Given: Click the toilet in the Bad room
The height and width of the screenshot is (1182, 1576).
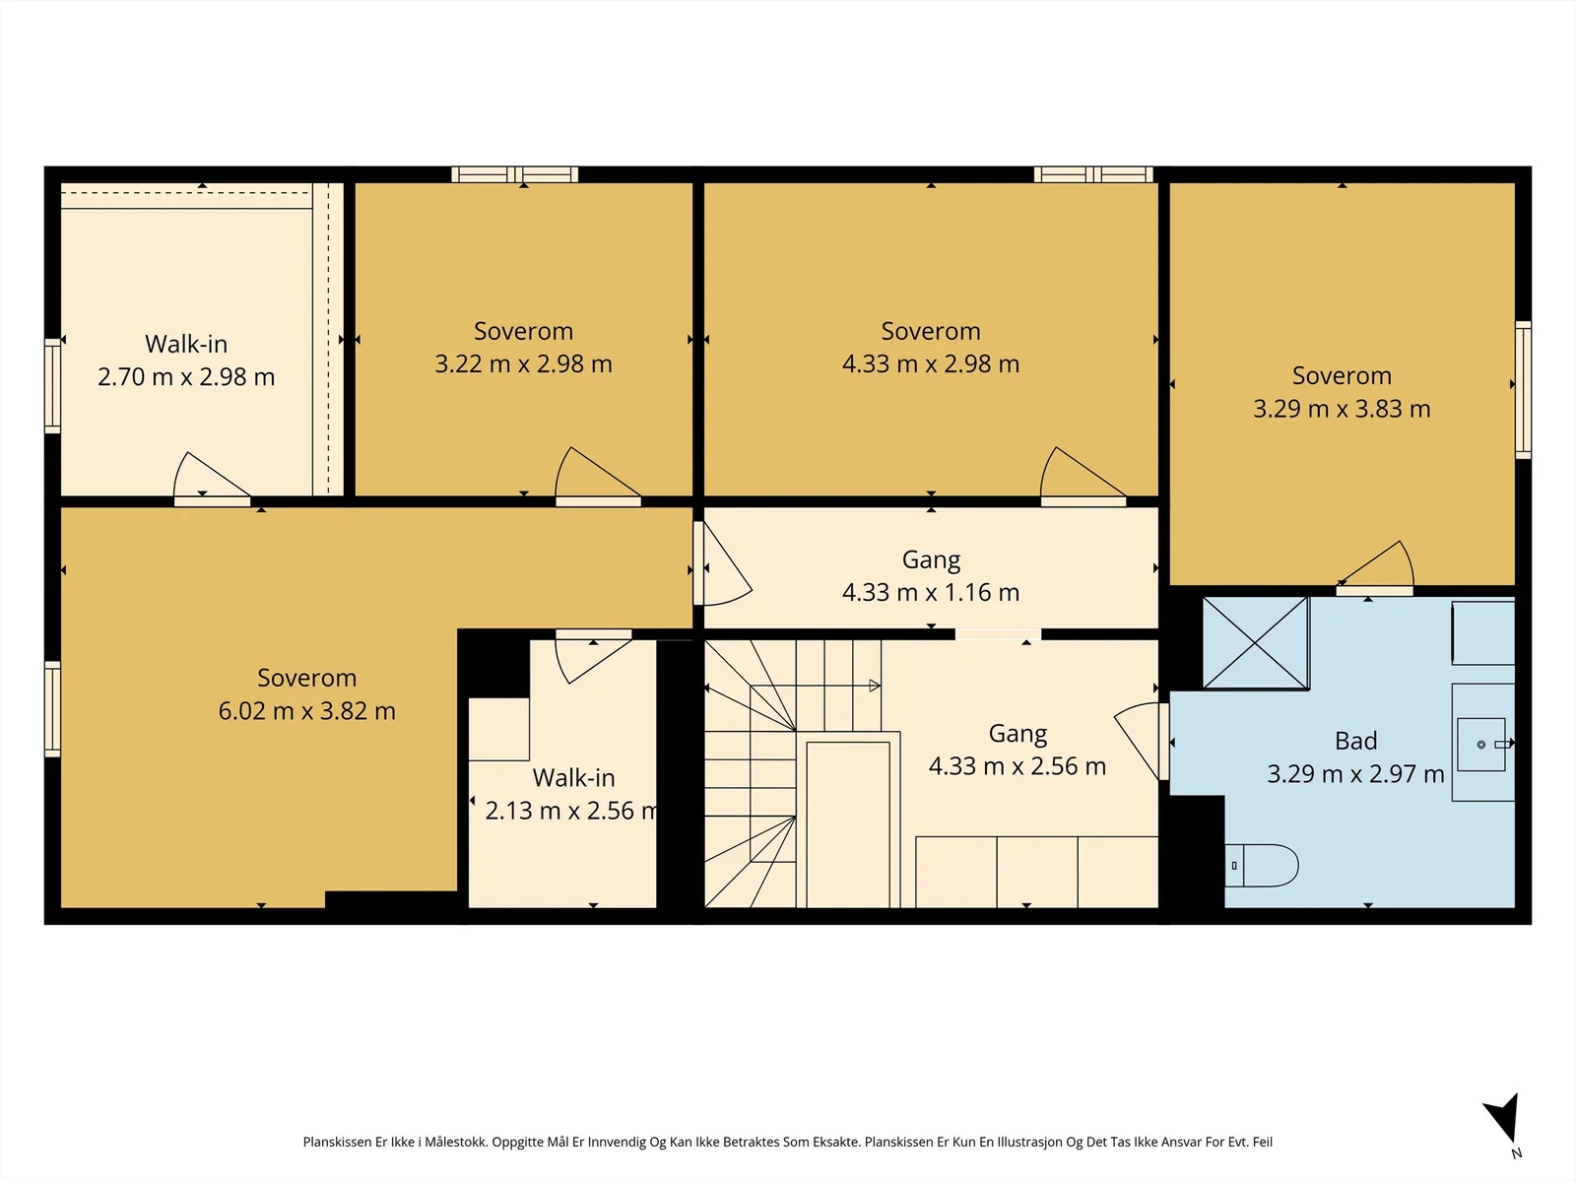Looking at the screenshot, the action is pyautogui.click(x=1262, y=866).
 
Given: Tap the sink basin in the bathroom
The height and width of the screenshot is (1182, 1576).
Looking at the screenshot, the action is pyautogui.click(x=1480, y=745).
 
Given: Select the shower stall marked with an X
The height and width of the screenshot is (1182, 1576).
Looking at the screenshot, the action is pyautogui.click(x=1256, y=643).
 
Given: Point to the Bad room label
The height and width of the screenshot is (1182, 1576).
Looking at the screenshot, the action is pyautogui.click(x=1355, y=741).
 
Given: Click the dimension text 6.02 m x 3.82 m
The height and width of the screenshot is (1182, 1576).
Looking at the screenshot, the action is pyautogui.click(x=306, y=710).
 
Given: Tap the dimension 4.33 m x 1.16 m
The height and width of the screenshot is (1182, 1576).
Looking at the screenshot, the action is pyautogui.click(x=931, y=592).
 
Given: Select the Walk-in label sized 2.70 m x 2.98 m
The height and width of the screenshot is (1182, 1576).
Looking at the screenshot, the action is pyautogui.click(x=186, y=344).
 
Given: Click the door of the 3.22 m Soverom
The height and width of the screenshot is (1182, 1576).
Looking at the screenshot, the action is pyautogui.click(x=597, y=475).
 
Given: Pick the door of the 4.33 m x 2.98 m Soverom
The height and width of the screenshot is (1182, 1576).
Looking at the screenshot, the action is pyautogui.click(x=1083, y=475).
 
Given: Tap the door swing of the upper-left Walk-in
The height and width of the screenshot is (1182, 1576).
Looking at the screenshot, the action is pyautogui.click(x=211, y=478).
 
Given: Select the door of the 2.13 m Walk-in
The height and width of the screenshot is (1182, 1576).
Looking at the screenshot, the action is pyautogui.click(x=592, y=656).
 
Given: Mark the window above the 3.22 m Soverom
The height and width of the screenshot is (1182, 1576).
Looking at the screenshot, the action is pyautogui.click(x=515, y=174).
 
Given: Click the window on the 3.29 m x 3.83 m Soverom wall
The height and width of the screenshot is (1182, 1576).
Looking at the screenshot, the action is pyautogui.click(x=1523, y=390).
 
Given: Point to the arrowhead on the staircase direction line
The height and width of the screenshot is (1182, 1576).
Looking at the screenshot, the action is pyautogui.click(x=875, y=687).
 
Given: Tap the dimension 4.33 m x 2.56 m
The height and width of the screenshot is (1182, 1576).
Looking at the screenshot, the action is pyautogui.click(x=1018, y=765).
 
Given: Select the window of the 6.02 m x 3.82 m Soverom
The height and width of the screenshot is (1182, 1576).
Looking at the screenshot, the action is pyautogui.click(x=52, y=709).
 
